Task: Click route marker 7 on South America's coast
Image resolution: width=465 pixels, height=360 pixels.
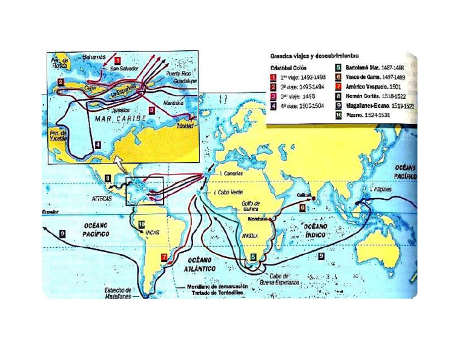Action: (x=164, y=257)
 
